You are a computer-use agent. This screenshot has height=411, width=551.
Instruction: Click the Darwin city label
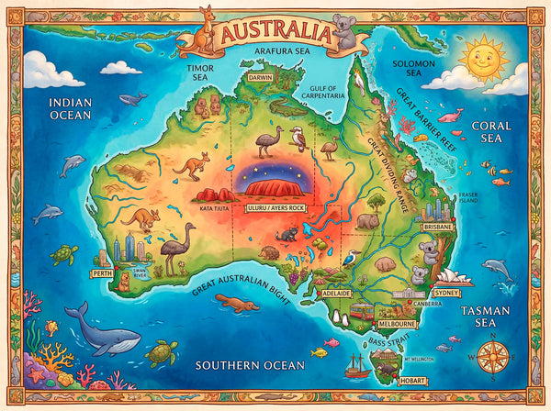click(x=262, y=78)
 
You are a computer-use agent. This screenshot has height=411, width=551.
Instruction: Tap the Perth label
click(x=102, y=273)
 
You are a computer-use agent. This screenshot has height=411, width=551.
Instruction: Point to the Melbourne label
click(x=397, y=324)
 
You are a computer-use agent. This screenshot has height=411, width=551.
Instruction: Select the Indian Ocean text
click(x=70, y=109)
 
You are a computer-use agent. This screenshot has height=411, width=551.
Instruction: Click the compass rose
click(x=492, y=356)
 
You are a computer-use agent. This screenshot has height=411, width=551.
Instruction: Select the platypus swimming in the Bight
click(x=236, y=303)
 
